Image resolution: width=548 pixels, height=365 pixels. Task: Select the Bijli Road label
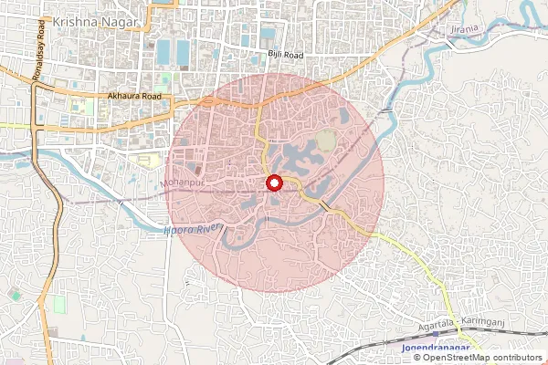[285, 56]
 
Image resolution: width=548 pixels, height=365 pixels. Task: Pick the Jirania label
[464, 32]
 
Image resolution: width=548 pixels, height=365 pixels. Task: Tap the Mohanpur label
[179, 183]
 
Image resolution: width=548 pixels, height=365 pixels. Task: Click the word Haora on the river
[178, 229]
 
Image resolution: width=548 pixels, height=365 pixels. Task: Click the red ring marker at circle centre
[273, 183]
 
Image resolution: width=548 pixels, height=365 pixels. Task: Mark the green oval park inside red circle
[326, 141]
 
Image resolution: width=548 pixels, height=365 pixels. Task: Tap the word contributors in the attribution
[518, 358]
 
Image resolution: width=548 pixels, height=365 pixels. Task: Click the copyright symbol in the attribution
[417, 358]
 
